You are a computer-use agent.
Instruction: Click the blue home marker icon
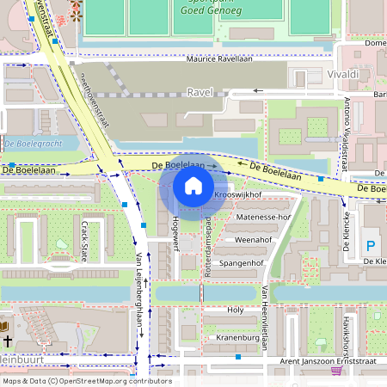click(x=193, y=185)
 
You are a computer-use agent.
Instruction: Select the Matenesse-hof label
click(x=264, y=218)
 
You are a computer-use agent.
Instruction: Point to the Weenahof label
click(x=253, y=240)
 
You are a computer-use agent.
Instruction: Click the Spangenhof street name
click(x=240, y=262)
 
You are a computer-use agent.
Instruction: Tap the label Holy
click(x=235, y=310)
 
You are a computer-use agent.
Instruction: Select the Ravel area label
click(x=199, y=91)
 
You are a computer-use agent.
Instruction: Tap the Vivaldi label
click(x=343, y=76)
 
